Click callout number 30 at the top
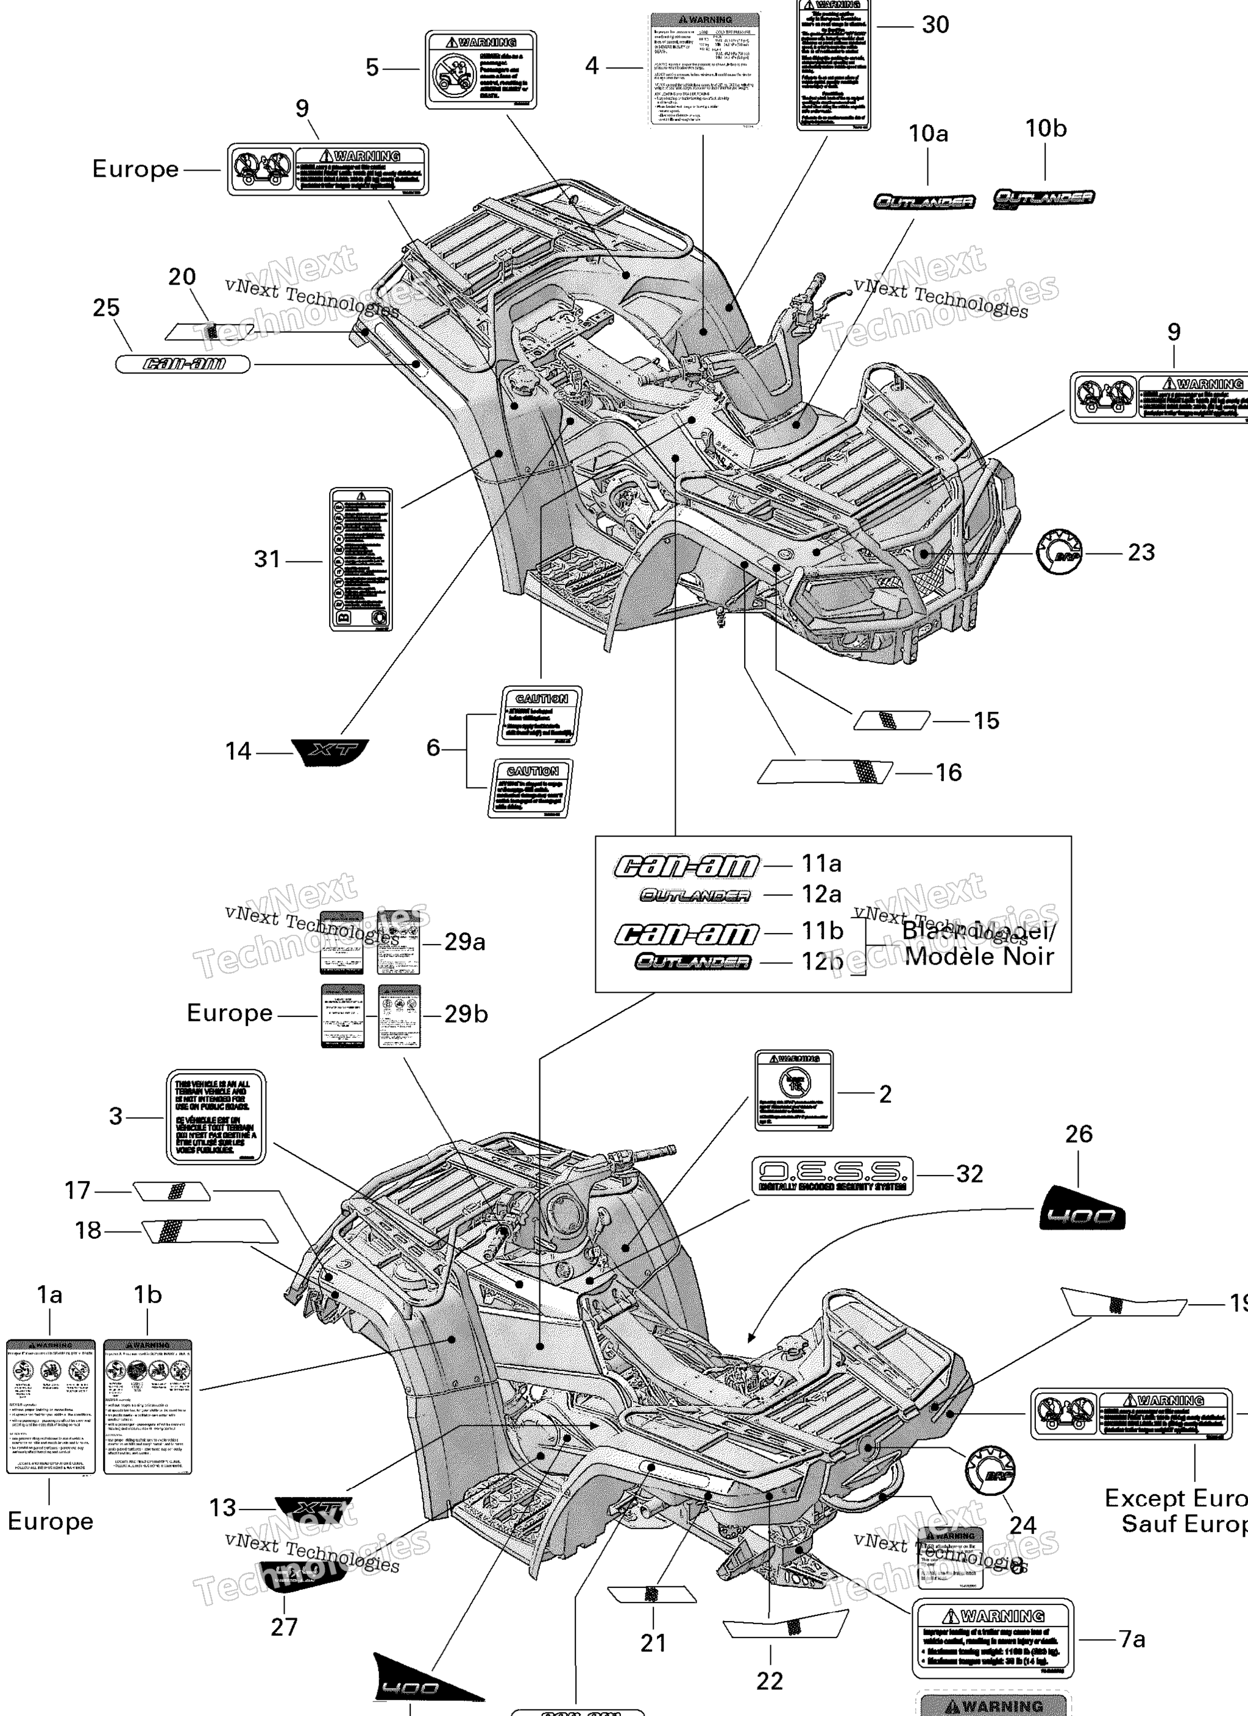click(x=935, y=25)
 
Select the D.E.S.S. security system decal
click(x=832, y=1175)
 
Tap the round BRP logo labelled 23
click(x=1060, y=552)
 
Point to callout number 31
click(x=267, y=559)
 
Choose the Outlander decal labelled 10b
click(x=1044, y=198)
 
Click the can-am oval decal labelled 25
click(x=182, y=364)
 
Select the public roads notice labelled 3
click(x=216, y=1116)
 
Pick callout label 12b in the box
click(x=822, y=962)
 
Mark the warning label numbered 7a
click(x=993, y=1639)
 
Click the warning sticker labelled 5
click(x=481, y=70)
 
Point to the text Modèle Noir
click(x=979, y=956)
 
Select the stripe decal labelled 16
click(x=825, y=773)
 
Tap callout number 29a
click(x=465, y=942)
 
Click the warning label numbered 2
click(x=794, y=1090)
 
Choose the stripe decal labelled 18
click(x=210, y=1231)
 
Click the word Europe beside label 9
click(x=135, y=169)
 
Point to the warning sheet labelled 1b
click(x=147, y=1406)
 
